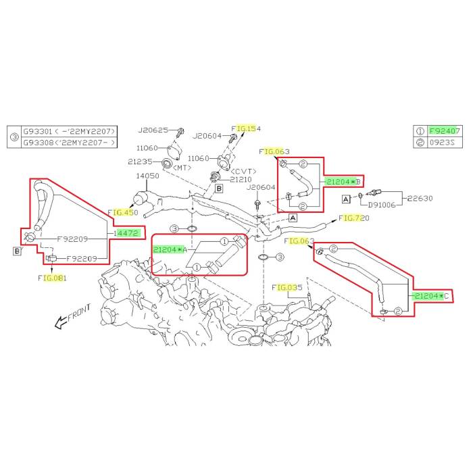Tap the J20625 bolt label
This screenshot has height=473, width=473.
tap(153, 130)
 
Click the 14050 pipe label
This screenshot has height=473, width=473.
tap(149, 175)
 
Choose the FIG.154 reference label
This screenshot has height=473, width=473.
tap(246, 128)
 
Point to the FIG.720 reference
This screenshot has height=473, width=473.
tap(355, 218)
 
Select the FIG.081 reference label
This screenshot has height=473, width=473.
tap(52, 278)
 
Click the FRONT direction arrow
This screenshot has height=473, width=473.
tap(70, 315)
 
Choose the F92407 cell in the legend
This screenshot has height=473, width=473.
tap(447, 131)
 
